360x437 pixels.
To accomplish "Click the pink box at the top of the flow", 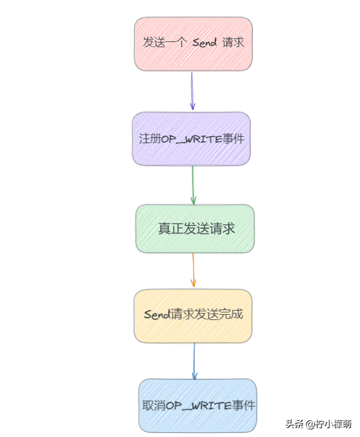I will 193,44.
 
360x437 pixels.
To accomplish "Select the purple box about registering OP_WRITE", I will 191,138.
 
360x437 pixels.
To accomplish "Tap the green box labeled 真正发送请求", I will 195,229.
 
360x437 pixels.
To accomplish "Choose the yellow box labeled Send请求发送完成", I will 193,315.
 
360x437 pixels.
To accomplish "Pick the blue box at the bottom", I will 197,405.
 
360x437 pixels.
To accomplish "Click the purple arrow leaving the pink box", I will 192,91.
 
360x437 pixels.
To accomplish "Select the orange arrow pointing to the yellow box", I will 193,271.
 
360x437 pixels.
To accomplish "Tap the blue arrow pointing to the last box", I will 194,361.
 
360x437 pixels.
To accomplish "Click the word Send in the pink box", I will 204,43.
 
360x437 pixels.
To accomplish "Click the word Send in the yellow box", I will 156,315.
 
